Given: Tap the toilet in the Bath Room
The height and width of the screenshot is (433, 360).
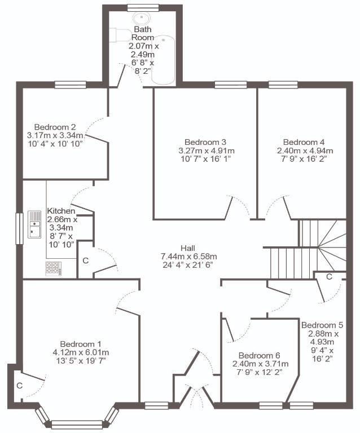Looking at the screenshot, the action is pyautogui.click(x=120, y=35).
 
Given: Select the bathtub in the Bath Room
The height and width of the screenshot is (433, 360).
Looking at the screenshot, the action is pyautogui.click(x=163, y=59).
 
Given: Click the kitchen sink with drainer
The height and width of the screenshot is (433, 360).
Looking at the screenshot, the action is pyautogui.click(x=34, y=224).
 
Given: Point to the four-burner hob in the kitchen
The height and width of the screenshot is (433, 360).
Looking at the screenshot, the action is pyautogui.click(x=54, y=269).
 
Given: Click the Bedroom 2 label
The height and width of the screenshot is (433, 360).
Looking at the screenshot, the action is pyautogui.click(x=55, y=127).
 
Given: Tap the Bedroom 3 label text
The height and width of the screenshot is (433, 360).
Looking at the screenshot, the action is pyautogui.click(x=205, y=142).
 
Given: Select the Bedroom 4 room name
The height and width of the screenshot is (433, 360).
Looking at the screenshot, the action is pyautogui.click(x=304, y=142).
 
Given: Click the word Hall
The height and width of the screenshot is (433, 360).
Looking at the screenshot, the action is pyautogui.click(x=188, y=248).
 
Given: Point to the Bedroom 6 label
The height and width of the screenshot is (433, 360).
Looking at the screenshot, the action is pyautogui.click(x=259, y=355).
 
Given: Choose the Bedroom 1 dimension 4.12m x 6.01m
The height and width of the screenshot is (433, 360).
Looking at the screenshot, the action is pyautogui.click(x=81, y=352).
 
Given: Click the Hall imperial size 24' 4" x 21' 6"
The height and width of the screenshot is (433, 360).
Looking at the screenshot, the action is pyautogui.click(x=188, y=265).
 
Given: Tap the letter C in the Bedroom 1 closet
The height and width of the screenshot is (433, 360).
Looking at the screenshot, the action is pyautogui.click(x=19, y=386).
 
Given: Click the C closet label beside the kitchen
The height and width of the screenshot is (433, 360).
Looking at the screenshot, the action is pyautogui.click(x=86, y=260).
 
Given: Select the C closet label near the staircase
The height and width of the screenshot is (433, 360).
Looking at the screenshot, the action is pyautogui.click(x=329, y=276).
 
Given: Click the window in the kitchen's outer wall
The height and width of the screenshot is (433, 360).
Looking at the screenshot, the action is pyautogui.click(x=19, y=229).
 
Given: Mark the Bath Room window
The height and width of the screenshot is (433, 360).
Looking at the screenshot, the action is pyautogui.click(x=143, y=8).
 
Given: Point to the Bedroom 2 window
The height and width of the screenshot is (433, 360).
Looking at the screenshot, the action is pyautogui.click(x=71, y=85).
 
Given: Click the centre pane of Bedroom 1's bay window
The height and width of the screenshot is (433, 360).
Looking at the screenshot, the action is pyautogui.click(x=77, y=424).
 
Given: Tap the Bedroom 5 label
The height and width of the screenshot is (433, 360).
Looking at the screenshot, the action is pyautogui.click(x=322, y=325).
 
